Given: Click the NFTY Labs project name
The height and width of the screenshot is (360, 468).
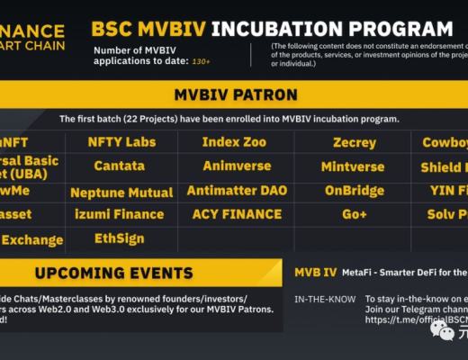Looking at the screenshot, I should coord(121,142).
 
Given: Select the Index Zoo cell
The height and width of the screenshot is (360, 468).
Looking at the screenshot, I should coord(234,142).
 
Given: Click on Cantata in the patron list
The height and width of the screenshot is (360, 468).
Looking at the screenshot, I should coord(121,166).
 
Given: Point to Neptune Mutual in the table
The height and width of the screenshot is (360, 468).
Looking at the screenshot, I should coord(121,192).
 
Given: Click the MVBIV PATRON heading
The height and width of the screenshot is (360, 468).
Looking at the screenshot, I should coord(233,94).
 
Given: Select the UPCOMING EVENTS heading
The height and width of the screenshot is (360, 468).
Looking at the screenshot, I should coord(114,273).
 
